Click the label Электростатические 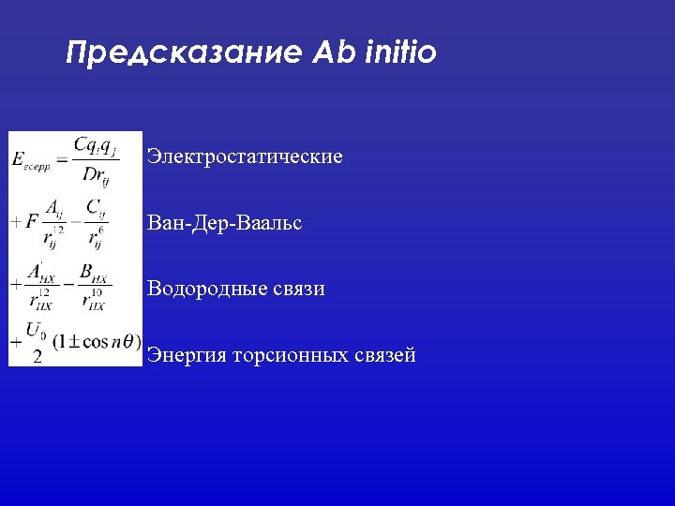(245, 156)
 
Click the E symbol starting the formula (20, 159)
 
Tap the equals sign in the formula (61, 159)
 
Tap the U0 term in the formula (36, 330)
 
